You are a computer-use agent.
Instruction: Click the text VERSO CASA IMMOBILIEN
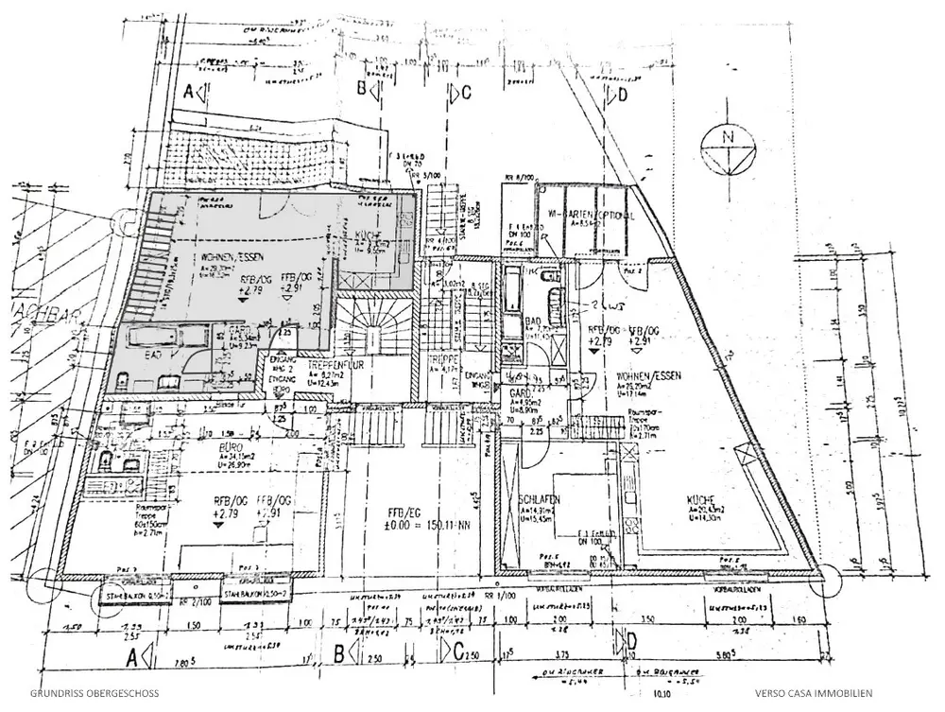coord(814,692)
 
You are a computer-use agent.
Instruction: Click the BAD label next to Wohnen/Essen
coord(532,322)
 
